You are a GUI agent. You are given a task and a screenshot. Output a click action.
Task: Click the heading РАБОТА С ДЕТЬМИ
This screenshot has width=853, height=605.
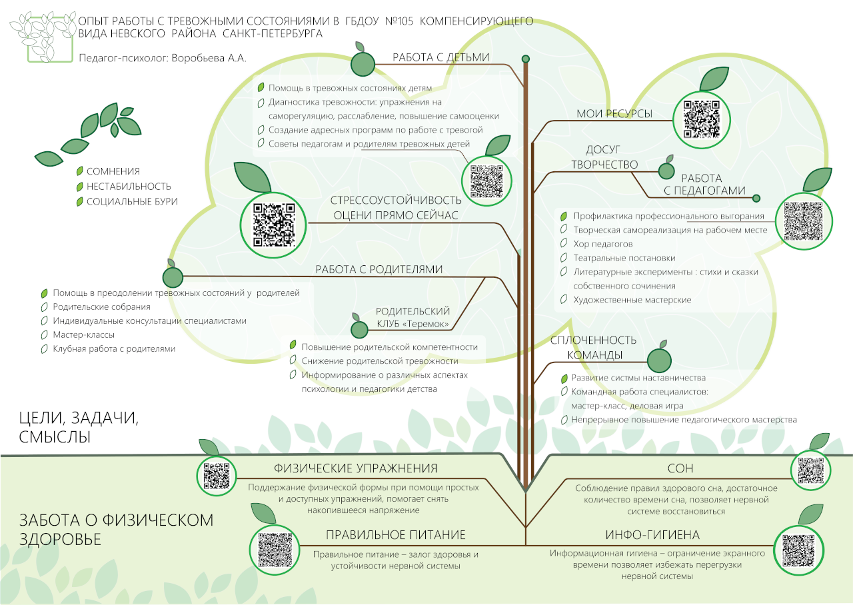coord(440,57)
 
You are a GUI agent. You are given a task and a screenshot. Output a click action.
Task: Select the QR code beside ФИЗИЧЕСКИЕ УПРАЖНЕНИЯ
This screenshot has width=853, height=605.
coord(217,475)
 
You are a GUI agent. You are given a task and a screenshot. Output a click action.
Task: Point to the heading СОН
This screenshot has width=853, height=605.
coord(680,468)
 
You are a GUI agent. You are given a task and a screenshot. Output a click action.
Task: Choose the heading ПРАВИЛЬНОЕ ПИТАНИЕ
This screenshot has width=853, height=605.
coord(395,535)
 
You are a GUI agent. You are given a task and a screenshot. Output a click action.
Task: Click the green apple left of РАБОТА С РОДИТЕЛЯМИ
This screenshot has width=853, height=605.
coord(173,275)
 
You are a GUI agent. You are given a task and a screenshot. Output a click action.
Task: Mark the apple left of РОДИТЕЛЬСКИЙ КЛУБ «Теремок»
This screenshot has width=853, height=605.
coord(360,328)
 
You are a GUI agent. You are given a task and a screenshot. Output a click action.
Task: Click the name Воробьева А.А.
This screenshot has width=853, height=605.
coord(209,58)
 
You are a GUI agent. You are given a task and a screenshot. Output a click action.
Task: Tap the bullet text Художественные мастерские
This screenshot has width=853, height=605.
coord(632,300)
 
